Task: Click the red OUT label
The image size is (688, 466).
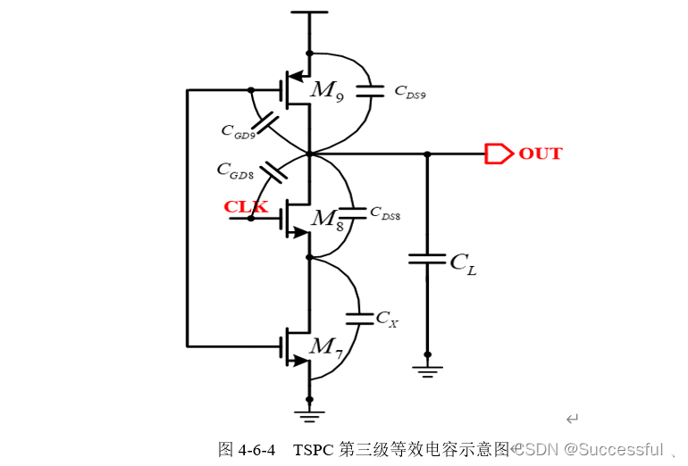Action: pos(541,154)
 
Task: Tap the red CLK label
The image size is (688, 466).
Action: pos(245,207)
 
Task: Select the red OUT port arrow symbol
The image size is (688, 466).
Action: pos(493,154)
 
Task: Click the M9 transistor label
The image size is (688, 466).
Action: pos(326,89)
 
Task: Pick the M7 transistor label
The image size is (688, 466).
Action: pos(325,346)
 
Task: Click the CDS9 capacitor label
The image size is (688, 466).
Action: pos(409,91)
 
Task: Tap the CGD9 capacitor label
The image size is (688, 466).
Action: pos(239,129)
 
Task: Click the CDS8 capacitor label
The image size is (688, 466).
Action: pos(385,215)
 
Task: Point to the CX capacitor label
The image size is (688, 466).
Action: pos(386,317)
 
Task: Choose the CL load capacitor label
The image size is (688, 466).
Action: pos(463,262)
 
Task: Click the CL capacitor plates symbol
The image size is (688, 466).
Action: pos(426,258)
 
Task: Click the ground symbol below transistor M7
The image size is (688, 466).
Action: pos(309,413)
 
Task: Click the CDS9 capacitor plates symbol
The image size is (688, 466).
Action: pos(370,89)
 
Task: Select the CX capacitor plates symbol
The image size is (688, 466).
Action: pos(359,317)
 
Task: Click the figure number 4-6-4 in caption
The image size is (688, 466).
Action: pos(259,448)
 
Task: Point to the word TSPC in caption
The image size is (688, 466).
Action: pos(314,448)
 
